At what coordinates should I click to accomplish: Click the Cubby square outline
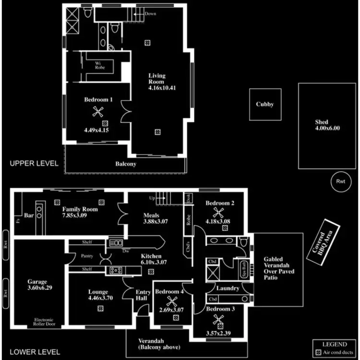pyautogui.click(x=264, y=104)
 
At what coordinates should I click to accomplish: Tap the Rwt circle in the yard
pyautogui.click(x=341, y=182)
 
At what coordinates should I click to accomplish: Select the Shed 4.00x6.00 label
pyautogui.click(x=327, y=125)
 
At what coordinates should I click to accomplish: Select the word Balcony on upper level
pyautogui.click(x=126, y=164)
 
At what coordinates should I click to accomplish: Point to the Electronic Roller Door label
pyautogui.click(x=44, y=323)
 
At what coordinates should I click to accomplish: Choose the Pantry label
pyautogui.click(x=87, y=256)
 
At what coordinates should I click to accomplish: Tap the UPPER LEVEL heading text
pyautogui.click(x=34, y=163)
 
